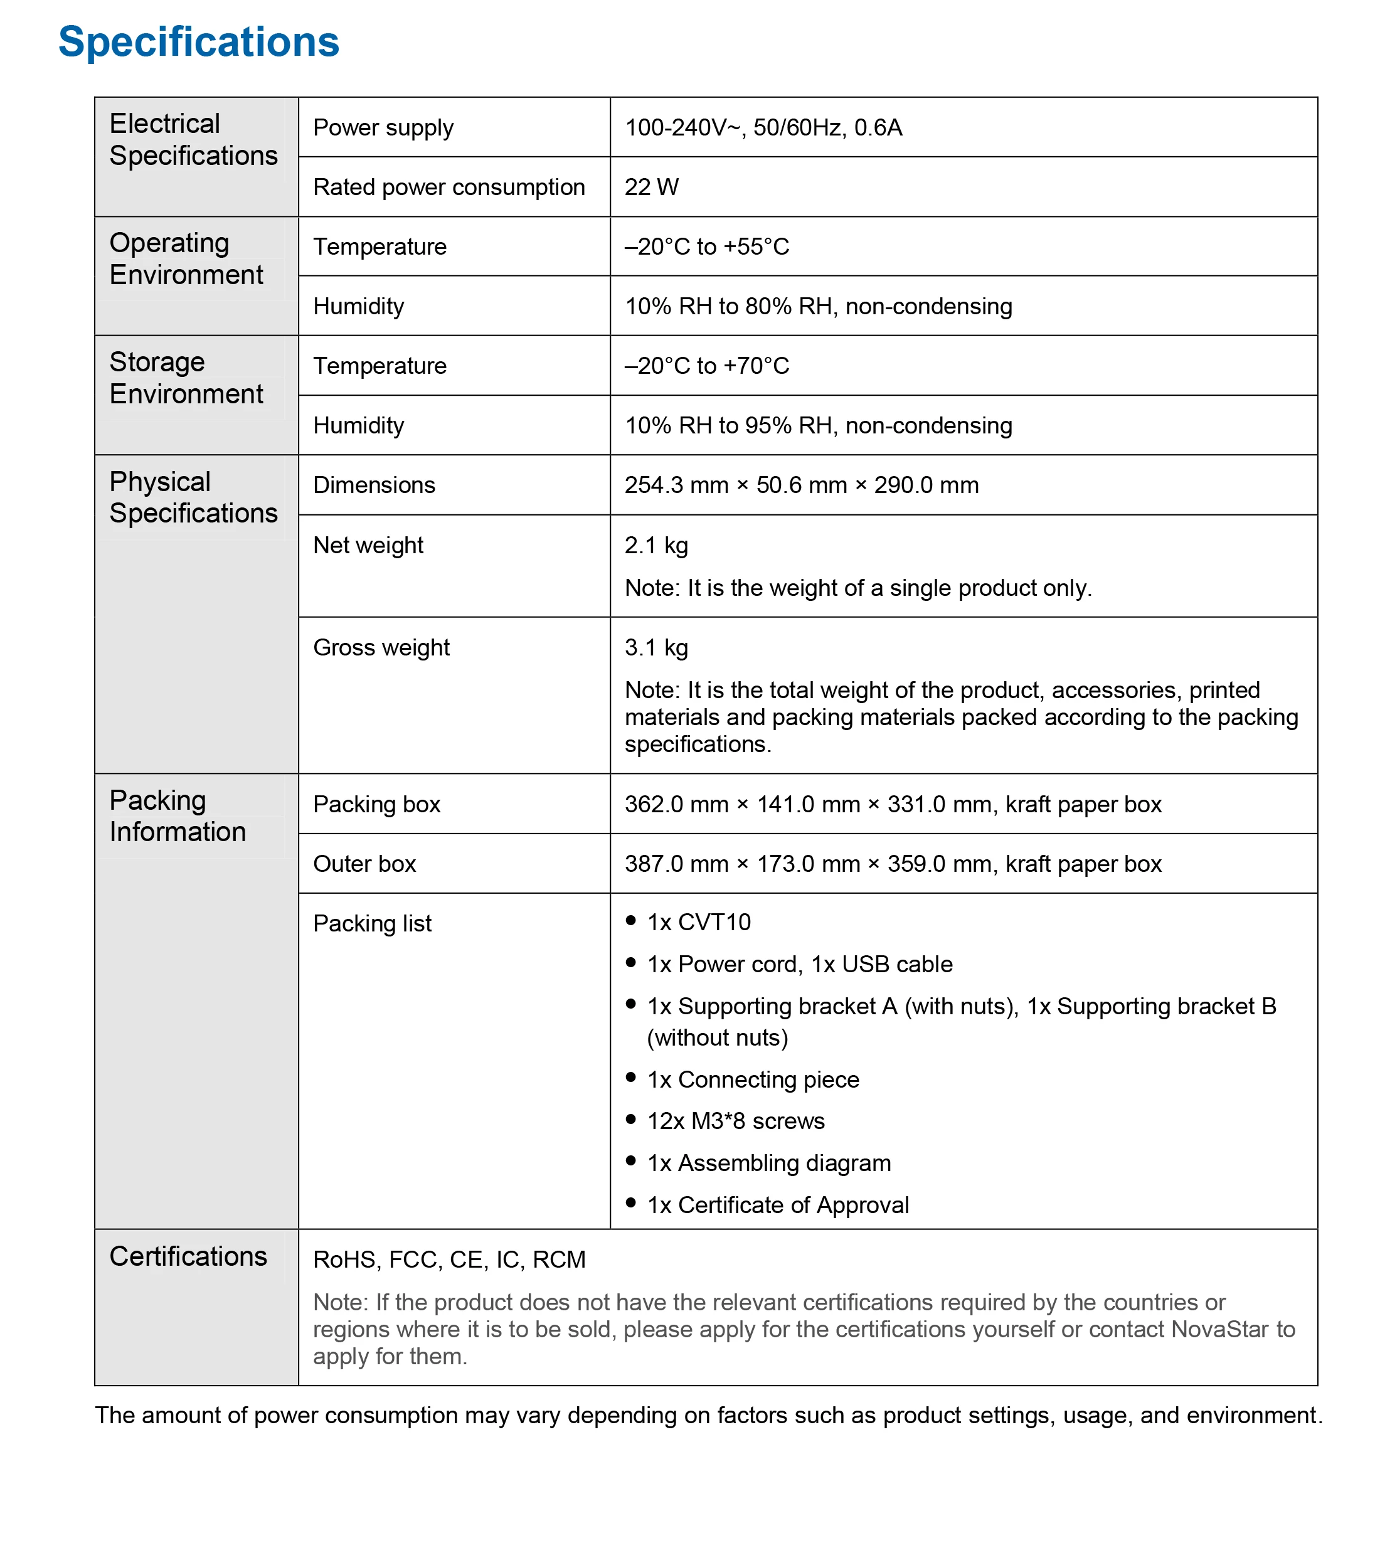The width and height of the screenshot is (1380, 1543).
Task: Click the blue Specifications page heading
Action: pos(199,41)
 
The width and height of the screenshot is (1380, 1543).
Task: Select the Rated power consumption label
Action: pos(449,188)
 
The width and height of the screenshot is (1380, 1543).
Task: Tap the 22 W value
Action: pos(651,188)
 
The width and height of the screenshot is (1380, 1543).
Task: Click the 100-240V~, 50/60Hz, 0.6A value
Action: pos(763,127)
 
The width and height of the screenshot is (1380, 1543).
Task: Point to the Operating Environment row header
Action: pos(186,258)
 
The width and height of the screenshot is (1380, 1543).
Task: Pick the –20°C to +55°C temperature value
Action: pos(707,247)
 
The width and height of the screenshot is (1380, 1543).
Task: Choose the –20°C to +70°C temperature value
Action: pos(707,366)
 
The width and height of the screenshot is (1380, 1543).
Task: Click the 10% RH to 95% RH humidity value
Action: pos(818,425)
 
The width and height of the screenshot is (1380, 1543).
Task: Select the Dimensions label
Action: pos(374,485)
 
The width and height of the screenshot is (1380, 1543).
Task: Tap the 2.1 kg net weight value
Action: pos(657,545)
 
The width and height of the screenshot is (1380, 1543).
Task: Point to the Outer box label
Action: pos(364,864)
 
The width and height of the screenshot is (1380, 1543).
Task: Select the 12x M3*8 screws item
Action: pos(736,1121)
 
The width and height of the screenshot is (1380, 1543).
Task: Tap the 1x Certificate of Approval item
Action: pos(777,1205)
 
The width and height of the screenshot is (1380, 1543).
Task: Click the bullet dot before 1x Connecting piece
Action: pos(631,1078)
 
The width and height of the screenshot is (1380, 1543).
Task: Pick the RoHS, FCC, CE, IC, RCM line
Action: pos(449,1259)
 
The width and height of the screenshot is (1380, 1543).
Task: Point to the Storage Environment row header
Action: pos(186,378)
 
